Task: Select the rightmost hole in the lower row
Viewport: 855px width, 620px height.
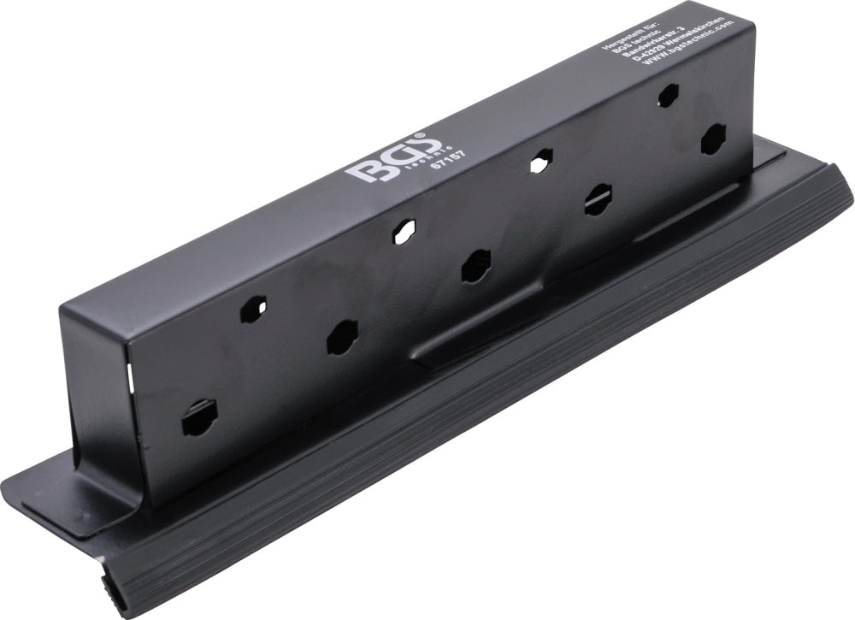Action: (712, 139)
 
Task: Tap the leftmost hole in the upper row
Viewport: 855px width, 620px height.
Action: (258, 304)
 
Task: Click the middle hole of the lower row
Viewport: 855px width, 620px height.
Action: (475, 266)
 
